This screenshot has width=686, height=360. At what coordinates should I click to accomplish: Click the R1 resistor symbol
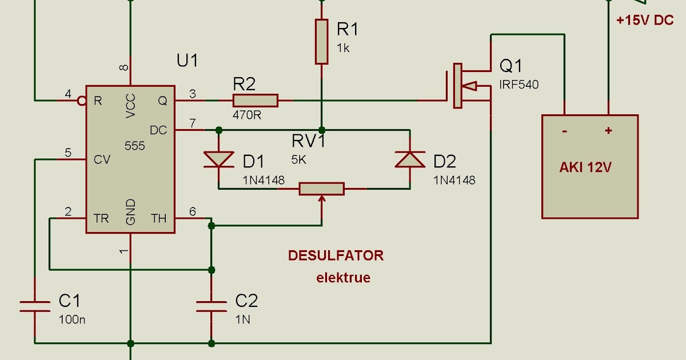tap(322, 41)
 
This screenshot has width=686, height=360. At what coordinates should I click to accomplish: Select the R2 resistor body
tap(256, 101)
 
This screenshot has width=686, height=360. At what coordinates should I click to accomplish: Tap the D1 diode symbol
tap(218, 159)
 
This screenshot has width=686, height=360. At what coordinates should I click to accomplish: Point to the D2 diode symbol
tap(410, 159)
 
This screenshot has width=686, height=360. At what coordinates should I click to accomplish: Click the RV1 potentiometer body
tap(322, 189)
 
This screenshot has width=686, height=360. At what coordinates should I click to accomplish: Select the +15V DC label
tap(645, 20)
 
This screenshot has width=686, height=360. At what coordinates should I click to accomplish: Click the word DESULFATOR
tap(336, 255)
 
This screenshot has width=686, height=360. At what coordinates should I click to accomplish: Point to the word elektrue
tap(344, 278)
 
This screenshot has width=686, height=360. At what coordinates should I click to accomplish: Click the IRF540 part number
tap(519, 85)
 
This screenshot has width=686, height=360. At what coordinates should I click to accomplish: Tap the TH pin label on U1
tap(158, 218)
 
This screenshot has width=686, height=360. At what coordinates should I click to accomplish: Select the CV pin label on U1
tap(102, 160)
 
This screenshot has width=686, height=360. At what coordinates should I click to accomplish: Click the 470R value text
tap(247, 115)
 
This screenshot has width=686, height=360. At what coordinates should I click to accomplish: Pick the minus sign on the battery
tap(564, 131)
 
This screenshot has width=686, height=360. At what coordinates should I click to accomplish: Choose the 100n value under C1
tap(72, 319)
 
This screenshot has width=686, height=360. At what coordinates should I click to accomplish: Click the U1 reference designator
tap(188, 60)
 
